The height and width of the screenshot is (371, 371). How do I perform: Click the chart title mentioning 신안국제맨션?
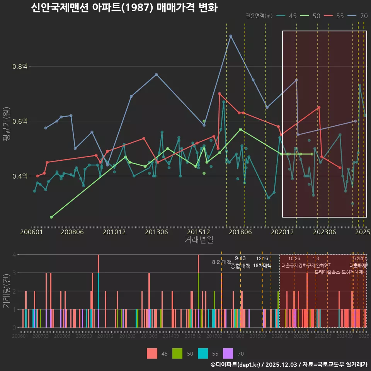(x=124, y=8)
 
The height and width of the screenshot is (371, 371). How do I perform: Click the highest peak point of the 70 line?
(x=231, y=36)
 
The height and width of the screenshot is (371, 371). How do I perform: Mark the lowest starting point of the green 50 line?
(x=51, y=217)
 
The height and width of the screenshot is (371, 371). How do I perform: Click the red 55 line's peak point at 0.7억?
(x=220, y=94)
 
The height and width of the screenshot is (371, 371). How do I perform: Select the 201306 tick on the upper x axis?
(x=157, y=232)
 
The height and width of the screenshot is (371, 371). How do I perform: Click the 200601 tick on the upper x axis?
(x=31, y=232)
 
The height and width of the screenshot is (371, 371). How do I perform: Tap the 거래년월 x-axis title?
(x=199, y=240)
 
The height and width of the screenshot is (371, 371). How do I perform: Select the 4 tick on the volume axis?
(x=14, y=255)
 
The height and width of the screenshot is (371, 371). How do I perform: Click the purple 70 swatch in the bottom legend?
(x=228, y=353)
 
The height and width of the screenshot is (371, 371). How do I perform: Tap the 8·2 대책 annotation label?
(x=221, y=262)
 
